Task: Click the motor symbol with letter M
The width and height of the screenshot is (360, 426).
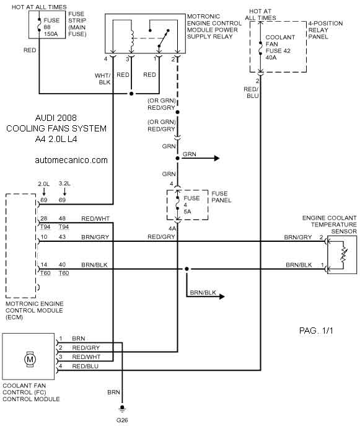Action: (30, 360)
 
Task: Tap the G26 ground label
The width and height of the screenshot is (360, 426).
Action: (122, 420)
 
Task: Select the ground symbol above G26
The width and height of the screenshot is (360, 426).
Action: (122, 409)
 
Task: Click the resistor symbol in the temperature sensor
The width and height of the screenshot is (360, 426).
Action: (344, 255)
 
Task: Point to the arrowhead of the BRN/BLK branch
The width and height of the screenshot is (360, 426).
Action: (222, 296)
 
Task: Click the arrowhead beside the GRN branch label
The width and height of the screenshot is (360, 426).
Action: (217, 158)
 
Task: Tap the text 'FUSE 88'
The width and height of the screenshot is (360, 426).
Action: (51, 24)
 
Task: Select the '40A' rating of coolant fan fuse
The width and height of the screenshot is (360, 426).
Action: (271, 58)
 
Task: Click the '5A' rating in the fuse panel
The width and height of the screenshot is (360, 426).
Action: (187, 211)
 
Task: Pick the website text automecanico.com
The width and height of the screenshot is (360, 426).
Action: (71, 160)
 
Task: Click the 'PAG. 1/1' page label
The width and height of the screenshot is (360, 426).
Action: (316, 331)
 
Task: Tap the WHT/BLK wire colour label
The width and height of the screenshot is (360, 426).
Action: (103, 79)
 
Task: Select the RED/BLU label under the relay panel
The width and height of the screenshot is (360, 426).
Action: (251, 92)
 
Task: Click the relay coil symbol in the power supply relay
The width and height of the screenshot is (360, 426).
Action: (132, 38)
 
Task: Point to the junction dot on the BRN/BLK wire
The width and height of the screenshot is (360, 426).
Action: (187, 269)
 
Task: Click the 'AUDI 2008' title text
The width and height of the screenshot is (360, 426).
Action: (56, 118)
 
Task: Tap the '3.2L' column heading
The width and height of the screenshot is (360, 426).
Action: (64, 184)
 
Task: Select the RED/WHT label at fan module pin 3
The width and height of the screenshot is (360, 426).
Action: (86, 357)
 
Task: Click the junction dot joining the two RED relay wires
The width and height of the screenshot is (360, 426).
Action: (131, 94)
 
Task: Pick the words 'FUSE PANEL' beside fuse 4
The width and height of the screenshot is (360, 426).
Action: (221, 197)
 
